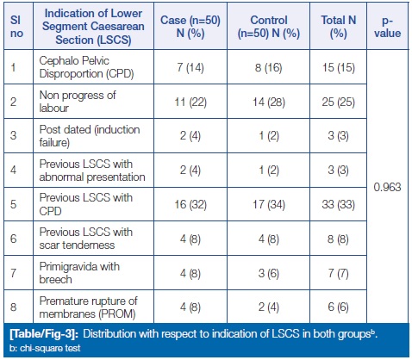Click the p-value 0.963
click(387, 187)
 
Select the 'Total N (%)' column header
click(339, 27)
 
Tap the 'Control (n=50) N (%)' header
click(269, 27)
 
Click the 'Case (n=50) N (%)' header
click(190, 27)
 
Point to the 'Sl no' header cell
click(16, 27)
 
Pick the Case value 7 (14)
click(190, 68)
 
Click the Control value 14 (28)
click(269, 102)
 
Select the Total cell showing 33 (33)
click(339, 205)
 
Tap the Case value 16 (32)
click(190, 205)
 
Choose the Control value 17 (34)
click(269, 205)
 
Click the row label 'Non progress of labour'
click(78, 102)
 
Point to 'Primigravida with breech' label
click(79, 273)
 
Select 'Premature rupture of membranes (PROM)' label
click(88, 307)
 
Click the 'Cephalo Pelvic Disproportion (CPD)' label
click(86, 67)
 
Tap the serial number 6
click(14, 239)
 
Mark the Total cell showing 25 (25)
click(339, 102)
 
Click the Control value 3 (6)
click(269, 273)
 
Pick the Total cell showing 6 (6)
click(339, 307)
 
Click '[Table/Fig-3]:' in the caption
click(44, 334)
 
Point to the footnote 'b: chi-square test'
click(45, 348)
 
